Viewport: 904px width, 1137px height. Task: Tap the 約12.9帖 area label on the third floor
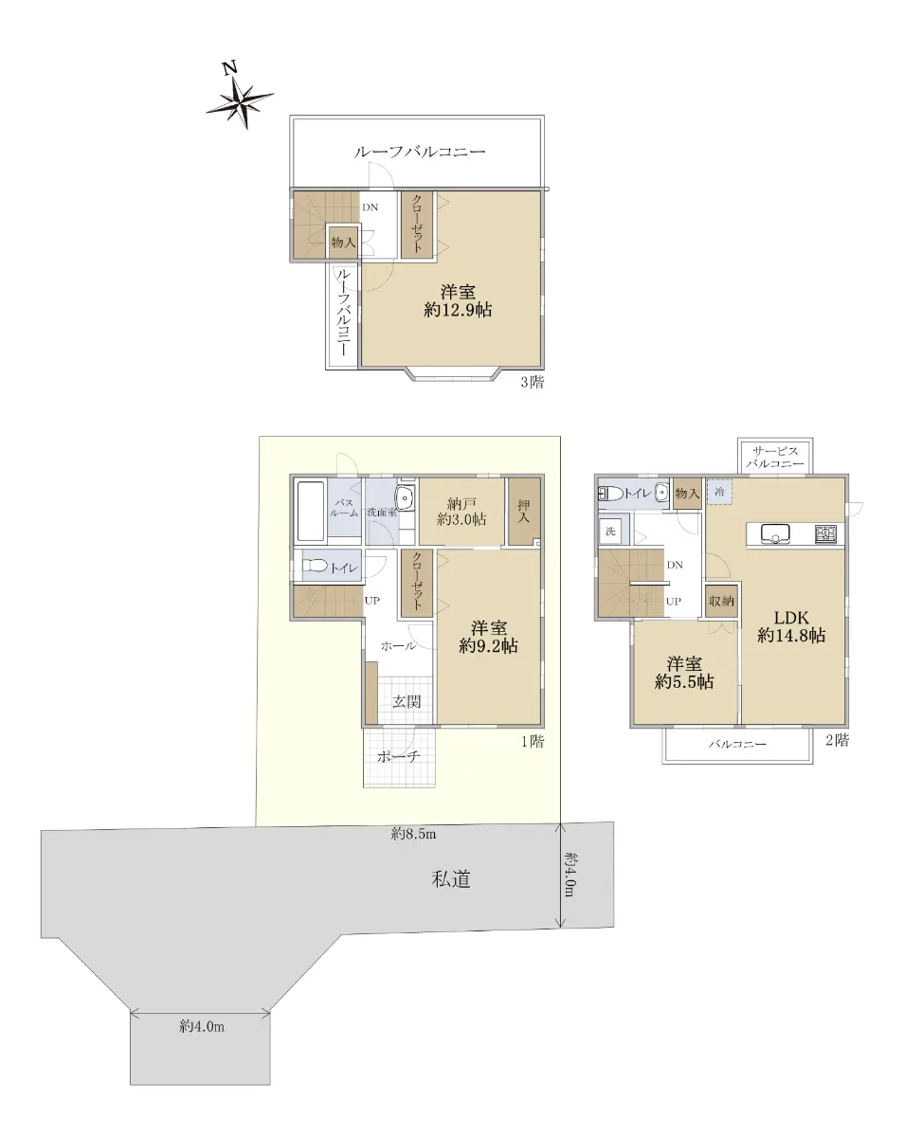[458, 310]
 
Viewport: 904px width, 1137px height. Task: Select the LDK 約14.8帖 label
[791, 625]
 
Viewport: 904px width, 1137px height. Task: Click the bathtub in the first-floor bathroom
[310, 511]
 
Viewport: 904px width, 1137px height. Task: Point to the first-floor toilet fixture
[316, 566]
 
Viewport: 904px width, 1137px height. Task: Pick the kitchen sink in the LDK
[775, 533]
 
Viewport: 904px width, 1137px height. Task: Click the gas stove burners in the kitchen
[825, 533]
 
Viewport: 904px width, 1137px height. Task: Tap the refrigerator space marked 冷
[719, 492]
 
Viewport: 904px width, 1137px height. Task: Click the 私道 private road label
[451, 879]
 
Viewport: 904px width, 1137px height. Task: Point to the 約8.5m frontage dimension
[414, 834]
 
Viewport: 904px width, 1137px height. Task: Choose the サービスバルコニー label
[775, 458]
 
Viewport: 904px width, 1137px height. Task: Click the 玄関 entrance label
[407, 702]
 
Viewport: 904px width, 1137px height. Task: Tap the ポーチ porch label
[398, 756]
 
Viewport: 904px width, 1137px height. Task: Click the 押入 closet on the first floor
[524, 512]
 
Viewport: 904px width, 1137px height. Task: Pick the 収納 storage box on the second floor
[722, 602]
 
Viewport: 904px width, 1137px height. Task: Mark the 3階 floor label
[533, 382]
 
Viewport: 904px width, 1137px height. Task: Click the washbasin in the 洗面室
[406, 498]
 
